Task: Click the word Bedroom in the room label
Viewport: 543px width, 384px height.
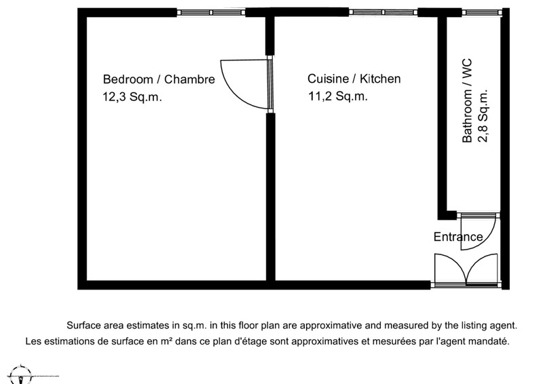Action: pyautogui.click(x=128, y=79)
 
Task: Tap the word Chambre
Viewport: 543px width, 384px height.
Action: pyautogui.click(x=189, y=79)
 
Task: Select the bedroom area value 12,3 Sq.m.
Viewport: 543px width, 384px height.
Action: pyautogui.click(x=132, y=96)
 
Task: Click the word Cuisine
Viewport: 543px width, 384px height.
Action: pyautogui.click(x=328, y=79)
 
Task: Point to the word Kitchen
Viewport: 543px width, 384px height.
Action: pyautogui.click(x=380, y=79)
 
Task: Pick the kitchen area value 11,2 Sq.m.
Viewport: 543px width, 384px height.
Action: pyautogui.click(x=337, y=96)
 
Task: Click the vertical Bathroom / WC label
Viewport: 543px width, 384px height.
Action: pyautogui.click(x=467, y=101)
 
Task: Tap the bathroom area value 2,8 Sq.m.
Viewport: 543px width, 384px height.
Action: pyautogui.click(x=483, y=116)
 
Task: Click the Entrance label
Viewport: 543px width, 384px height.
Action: pyautogui.click(x=458, y=237)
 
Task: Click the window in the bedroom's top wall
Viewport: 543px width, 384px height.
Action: pyautogui.click(x=211, y=12)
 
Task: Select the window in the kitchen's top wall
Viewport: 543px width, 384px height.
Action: pyautogui.click(x=383, y=12)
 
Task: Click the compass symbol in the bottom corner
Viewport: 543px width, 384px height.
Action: pyautogui.click(x=21, y=375)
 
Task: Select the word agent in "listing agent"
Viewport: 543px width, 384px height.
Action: pyautogui.click(x=504, y=326)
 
